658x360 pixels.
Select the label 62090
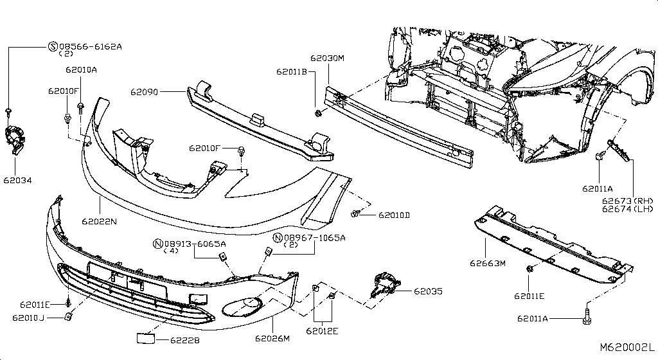pos(144,93)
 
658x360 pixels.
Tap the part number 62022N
pos(99,222)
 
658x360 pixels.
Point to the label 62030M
pos(327,59)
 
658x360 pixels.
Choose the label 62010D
pos(394,215)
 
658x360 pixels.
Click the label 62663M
pos(488,263)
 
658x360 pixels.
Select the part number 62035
pos(428,291)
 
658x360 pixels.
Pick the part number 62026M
pos(272,339)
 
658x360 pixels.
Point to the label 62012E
pos(322,332)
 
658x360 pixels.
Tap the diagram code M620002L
pos(627,348)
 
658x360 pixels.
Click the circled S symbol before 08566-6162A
pos(53,46)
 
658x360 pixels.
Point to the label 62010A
pos(81,69)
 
